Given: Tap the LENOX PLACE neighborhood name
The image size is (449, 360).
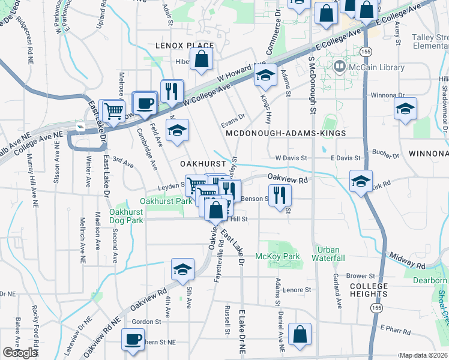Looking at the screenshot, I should click(x=184, y=46).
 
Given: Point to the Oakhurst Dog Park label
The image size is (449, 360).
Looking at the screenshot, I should click(x=126, y=216).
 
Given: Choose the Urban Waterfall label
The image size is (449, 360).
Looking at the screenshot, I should click(x=328, y=254).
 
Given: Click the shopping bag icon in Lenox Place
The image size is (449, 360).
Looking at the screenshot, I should click(x=202, y=59).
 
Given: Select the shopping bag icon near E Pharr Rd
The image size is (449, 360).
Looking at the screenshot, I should click(x=300, y=335).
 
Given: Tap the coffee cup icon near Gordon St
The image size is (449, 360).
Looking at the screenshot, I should click(x=133, y=339).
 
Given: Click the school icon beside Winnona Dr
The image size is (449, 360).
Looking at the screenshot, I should click(x=406, y=109).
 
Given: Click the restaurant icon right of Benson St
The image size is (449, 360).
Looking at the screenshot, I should click(x=279, y=194).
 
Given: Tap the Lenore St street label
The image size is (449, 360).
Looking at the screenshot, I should click(x=298, y=289).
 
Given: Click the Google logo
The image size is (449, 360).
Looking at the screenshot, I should click(x=20, y=353).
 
